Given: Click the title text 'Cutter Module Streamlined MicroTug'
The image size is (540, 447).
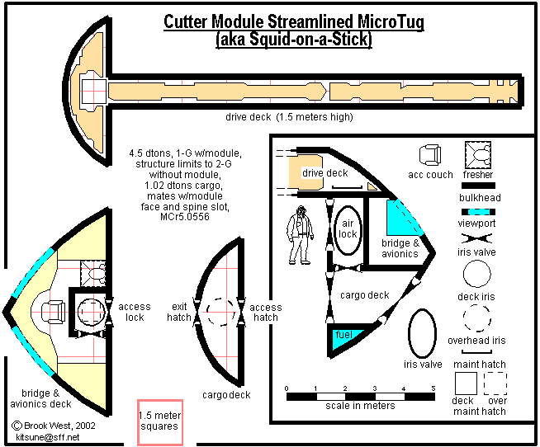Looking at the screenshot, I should (x=294, y=22).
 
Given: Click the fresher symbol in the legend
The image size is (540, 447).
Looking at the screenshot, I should (x=476, y=154).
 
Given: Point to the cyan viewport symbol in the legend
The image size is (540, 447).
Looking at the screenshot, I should (x=478, y=212).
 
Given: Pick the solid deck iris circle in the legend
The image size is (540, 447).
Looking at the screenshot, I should (x=477, y=273).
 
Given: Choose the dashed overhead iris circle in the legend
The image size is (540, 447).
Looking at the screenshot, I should (x=477, y=318).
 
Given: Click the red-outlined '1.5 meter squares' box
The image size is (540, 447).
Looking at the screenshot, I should (x=160, y=421).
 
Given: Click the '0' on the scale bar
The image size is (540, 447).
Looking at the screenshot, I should (x=286, y=387).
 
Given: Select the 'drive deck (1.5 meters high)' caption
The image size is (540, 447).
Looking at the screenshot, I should (x=289, y=117).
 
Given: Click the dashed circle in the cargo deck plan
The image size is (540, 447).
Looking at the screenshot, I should (x=220, y=312).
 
